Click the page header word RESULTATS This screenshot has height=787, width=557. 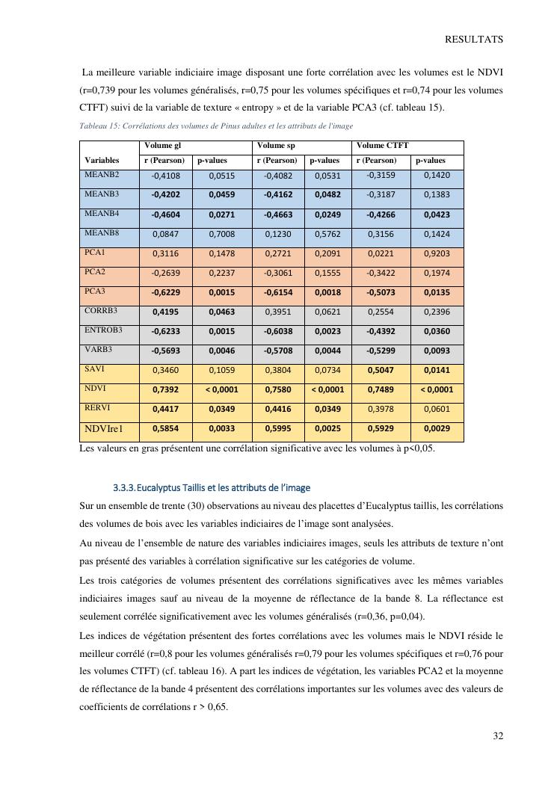473,40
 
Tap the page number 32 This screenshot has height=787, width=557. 497,736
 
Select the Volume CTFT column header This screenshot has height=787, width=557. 382,146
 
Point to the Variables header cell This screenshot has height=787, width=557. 102,161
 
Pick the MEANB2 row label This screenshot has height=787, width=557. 102,175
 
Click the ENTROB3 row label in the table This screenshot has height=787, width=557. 103,330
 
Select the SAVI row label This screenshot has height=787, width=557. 96,368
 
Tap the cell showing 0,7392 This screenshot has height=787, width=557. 165,389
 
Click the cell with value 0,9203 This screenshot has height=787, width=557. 437,253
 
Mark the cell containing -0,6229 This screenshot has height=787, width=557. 165,292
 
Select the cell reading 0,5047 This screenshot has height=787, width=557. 381,370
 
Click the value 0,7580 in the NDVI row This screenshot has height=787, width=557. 277,389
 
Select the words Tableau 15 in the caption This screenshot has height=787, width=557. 99,126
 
